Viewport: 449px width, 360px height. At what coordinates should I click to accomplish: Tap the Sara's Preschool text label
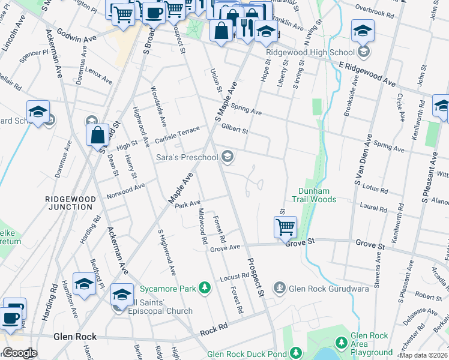[x=187, y=157]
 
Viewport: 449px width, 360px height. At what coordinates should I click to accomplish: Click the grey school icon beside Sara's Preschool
[x=228, y=157]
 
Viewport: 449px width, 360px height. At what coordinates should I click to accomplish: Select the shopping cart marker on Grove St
[x=285, y=227]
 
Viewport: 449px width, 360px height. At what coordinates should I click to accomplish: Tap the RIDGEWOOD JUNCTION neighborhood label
[x=69, y=202]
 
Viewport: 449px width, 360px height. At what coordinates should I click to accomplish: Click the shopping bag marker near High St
[x=97, y=136]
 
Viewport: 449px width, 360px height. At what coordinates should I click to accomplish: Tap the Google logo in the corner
[x=19, y=353]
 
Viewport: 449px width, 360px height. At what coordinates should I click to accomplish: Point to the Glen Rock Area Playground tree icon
[x=341, y=342]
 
